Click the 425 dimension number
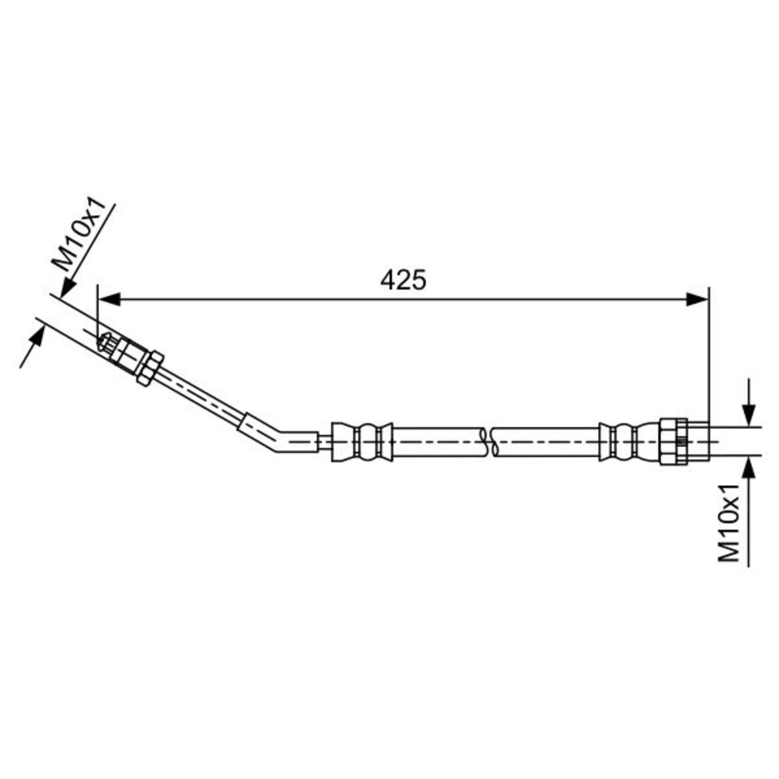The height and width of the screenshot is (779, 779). click(x=402, y=279)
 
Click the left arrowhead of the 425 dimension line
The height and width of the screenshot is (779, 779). click(x=109, y=299)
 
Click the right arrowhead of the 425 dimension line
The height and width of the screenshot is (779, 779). click(x=697, y=299)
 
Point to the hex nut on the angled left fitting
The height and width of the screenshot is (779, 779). click(x=149, y=368)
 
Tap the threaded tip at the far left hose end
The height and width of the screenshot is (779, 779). click(x=106, y=345)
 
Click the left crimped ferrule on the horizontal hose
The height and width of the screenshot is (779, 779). click(x=362, y=442)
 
